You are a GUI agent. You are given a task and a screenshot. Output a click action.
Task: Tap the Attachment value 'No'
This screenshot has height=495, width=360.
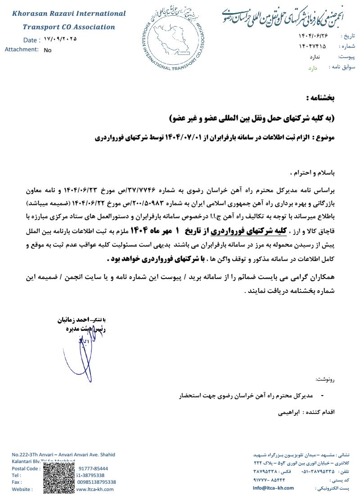coord(48,50)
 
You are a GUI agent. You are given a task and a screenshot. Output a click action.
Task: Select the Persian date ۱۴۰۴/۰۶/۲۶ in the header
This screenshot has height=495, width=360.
coord(313,36)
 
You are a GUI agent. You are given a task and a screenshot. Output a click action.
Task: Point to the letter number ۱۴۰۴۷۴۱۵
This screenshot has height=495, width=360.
coord(312,46)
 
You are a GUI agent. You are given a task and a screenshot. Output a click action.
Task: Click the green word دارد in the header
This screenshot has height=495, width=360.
coord(313,68)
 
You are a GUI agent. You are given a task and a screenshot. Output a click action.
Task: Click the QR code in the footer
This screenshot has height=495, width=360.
coord(59,478)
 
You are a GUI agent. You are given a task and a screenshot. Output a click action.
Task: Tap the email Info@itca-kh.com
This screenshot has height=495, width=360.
coord(273,488)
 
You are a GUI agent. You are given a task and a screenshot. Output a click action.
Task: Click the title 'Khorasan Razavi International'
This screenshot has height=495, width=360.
coord(69,13)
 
